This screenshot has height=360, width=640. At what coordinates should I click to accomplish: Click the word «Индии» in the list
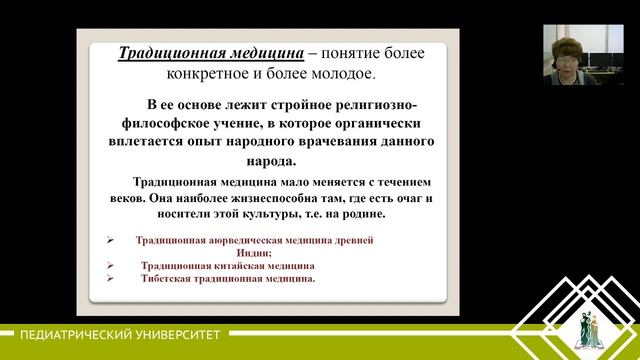tap(267, 253)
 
